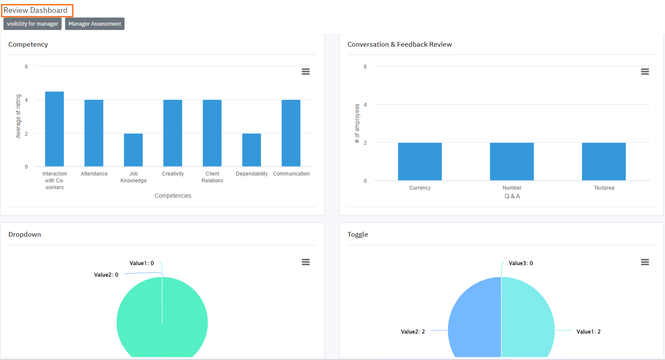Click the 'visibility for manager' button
(33, 24)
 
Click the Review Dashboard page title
(36, 10)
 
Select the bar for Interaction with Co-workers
(54, 129)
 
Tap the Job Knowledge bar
(133, 150)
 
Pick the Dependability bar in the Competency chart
(252, 150)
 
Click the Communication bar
(291, 133)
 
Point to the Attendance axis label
(94, 174)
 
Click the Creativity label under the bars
(173, 174)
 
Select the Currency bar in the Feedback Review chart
(420, 161)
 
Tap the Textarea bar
(604, 161)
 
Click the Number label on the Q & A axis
(512, 188)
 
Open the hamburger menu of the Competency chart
(306, 71)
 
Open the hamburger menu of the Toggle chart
(645, 262)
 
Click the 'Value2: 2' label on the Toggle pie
(413, 332)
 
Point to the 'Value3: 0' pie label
(521, 263)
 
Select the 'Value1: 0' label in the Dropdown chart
(142, 263)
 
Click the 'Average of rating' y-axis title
(18, 116)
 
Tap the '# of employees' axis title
(357, 123)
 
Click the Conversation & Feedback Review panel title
(400, 45)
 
